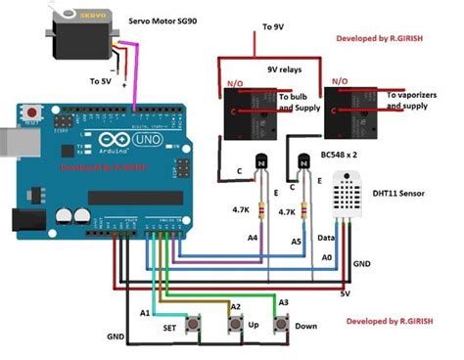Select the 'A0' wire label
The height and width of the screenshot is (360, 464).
326,256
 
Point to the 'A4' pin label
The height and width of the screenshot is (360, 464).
252,237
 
